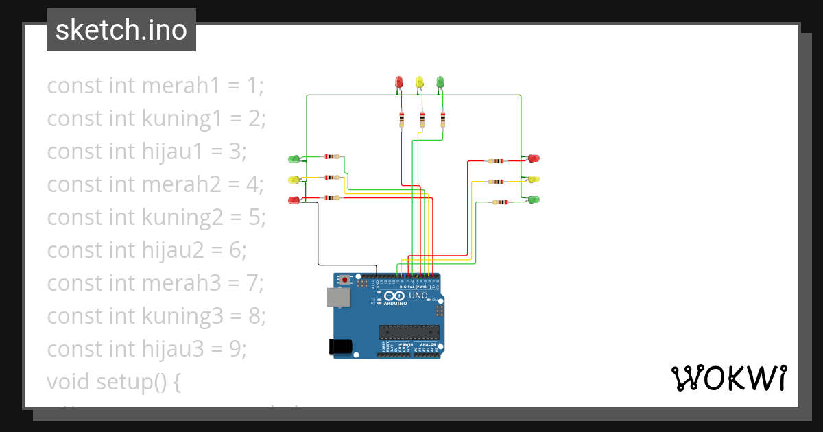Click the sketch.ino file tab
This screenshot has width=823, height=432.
click(x=121, y=30)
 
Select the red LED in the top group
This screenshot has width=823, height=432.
click(x=399, y=82)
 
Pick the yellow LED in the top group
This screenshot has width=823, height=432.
click(x=420, y=82)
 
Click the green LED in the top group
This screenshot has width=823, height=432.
click(x=440, y=82)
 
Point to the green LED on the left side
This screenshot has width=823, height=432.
click(x=294, y=159)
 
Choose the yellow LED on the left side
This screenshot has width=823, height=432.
click(x=294, y=180)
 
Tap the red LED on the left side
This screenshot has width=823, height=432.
click(x=294, y=200)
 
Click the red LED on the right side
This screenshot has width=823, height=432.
click(x=533, y=158)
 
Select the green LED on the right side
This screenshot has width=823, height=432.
click(x=533, y=200)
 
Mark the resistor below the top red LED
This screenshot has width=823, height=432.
click(x=401, y=120)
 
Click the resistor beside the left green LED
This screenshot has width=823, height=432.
click(x=333, y=157)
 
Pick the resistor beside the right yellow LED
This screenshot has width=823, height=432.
click(x=496, y=182)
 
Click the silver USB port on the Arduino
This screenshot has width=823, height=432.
click(x=337, y=297)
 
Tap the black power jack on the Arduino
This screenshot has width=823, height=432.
click(x=341, y=346)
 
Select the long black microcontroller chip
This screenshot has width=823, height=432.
click(x=409, y=332)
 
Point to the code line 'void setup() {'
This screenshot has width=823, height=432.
click(x=114, y=381)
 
